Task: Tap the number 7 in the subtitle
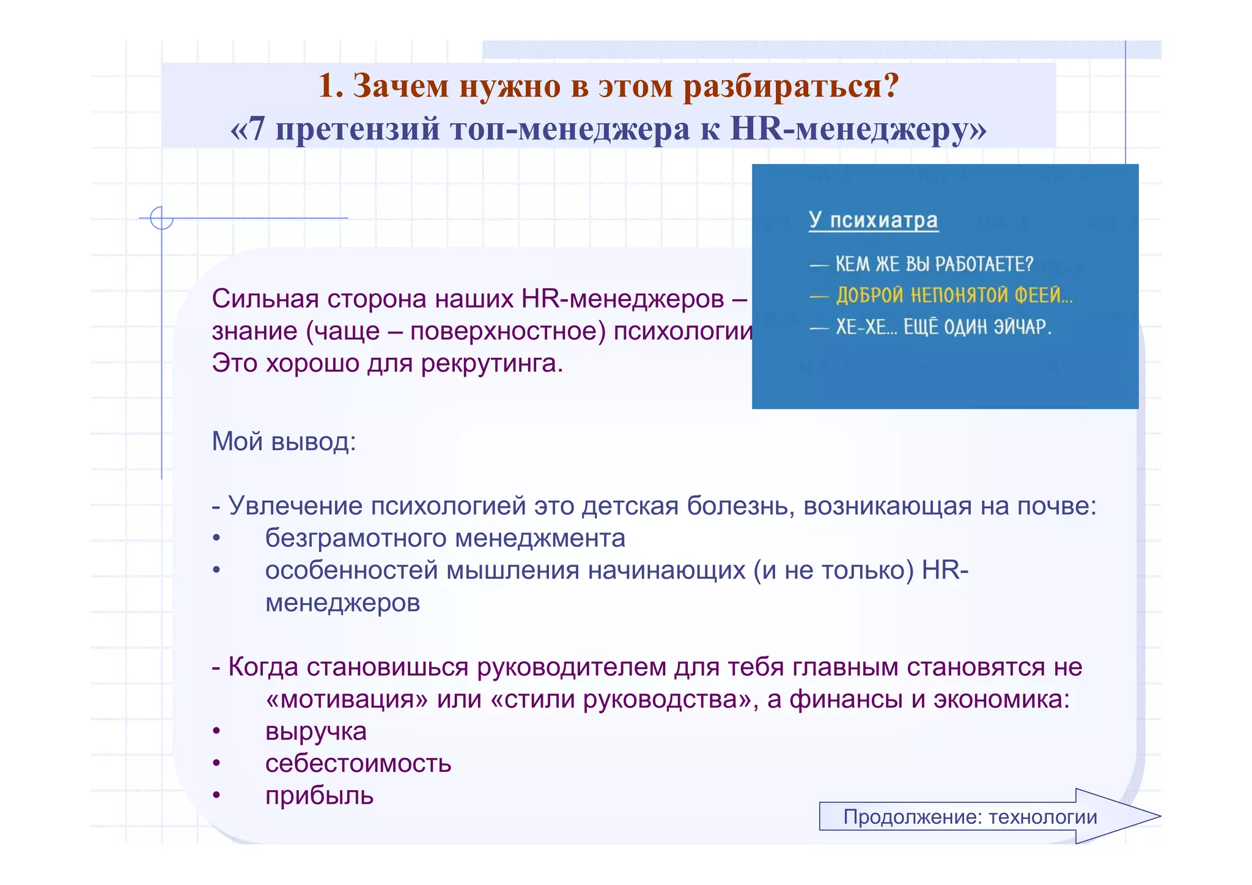[257, 129]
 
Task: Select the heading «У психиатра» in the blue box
[872, 220]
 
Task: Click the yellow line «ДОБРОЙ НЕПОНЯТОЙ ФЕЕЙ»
[953, 296]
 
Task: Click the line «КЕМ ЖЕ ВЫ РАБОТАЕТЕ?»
[933, 264]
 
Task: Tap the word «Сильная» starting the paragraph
[265, 299]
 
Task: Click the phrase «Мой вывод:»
[284, 441]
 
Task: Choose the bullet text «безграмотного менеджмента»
[444, 538]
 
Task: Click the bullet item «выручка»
[315, 731]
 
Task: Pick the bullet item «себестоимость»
[358, 763]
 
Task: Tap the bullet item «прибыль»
[319, 796]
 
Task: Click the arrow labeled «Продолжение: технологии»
[978, 816]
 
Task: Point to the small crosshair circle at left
[161, 218]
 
